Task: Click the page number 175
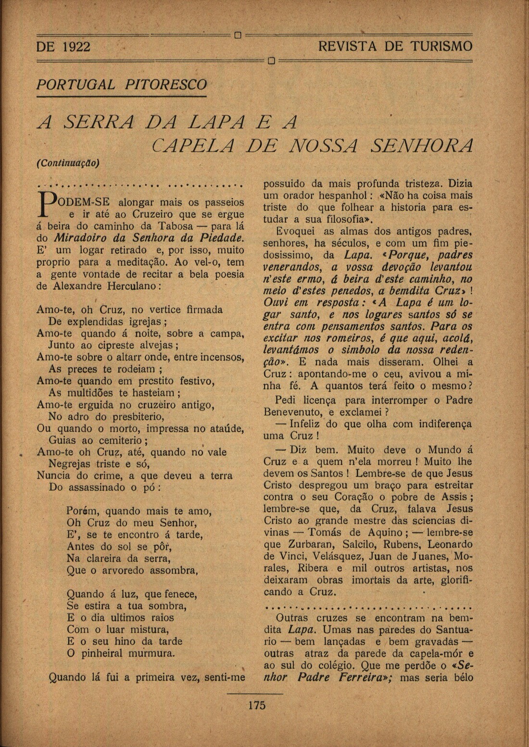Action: [257, 705]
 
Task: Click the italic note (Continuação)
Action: [68, 162]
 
